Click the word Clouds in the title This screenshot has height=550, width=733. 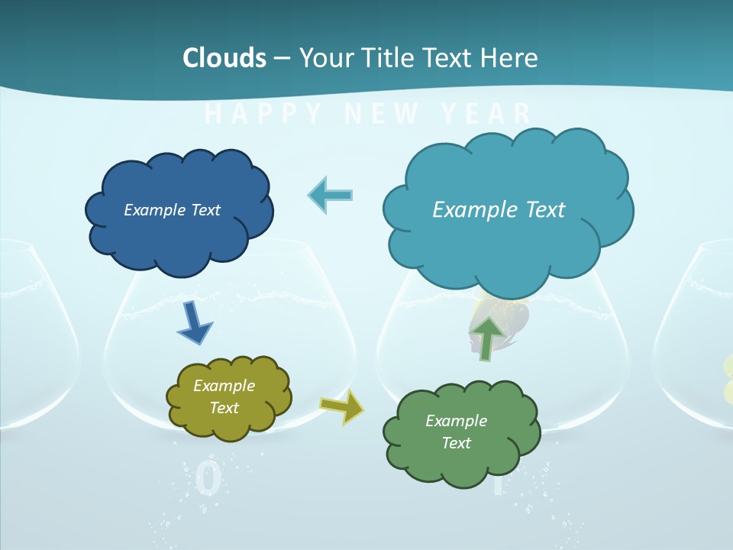[224, 58]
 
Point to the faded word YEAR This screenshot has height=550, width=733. [486, 115]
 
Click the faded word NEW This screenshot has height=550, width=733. [382, 115]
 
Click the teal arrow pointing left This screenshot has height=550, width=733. [331, 195]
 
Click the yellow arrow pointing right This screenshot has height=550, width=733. [342, 406]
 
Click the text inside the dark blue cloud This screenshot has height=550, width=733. [172, 210]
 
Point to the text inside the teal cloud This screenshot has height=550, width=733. [499, 210]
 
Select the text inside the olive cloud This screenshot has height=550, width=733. [224, 396]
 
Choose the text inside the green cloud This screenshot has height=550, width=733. [456, 432]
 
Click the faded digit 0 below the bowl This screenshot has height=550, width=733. [208, 479]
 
